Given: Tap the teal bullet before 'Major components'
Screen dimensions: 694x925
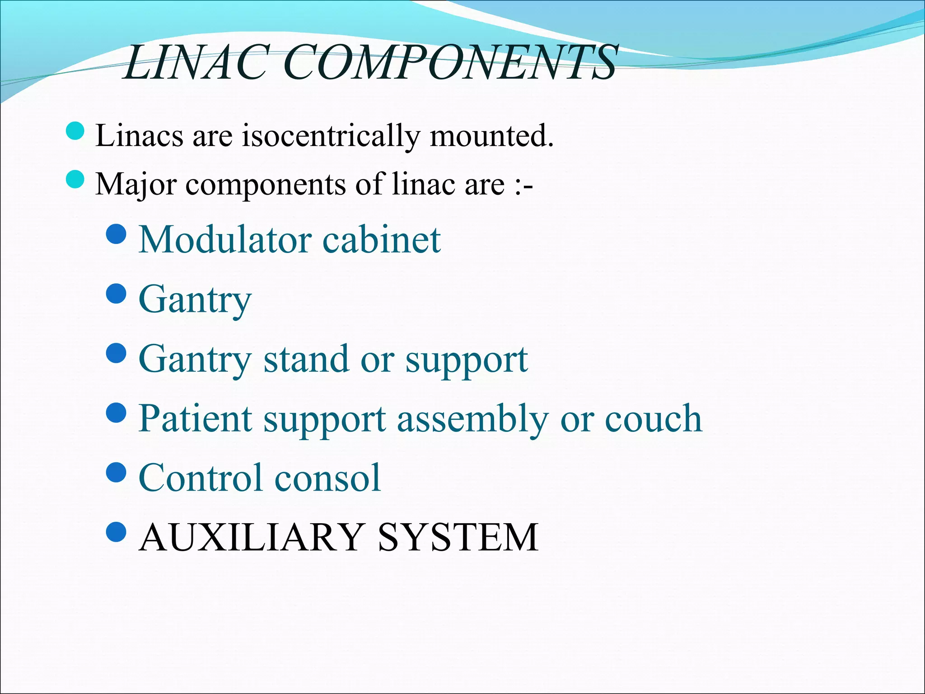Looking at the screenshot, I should [x=75, y=179].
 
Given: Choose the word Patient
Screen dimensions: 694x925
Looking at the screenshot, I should [x=195, y=418].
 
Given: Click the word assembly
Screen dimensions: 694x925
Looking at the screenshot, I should [x=472, y=418].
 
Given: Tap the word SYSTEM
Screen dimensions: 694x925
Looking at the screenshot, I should [x=458, y=537].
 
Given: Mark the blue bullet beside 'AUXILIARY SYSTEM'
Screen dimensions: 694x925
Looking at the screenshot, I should [x=117, y=532].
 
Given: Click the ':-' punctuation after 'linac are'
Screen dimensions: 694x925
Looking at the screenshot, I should [x=524, y=185].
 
